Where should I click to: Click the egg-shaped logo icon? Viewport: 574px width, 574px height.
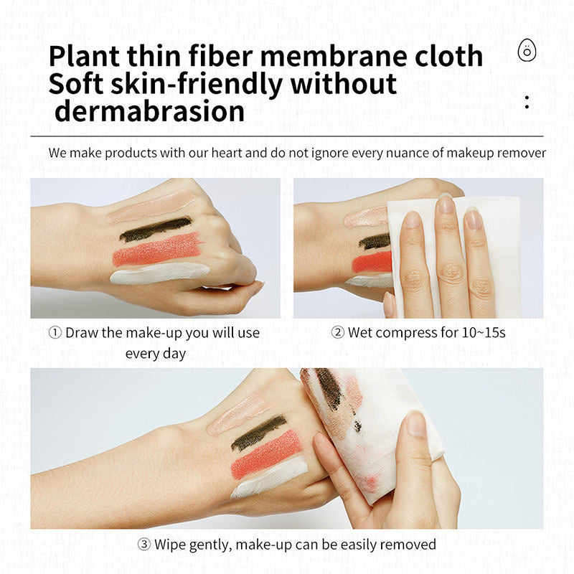(527, 51)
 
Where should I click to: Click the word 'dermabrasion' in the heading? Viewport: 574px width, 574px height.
(150, 111)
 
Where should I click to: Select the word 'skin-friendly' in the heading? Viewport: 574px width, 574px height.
(196, 85)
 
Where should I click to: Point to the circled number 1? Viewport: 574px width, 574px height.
(55, 333)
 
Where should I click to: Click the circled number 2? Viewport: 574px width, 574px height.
(337, 333)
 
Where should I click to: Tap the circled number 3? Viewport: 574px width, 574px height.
(144, 545)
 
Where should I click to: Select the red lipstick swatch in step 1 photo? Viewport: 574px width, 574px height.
(157, 249)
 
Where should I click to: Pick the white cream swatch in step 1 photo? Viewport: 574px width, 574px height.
(159, 273)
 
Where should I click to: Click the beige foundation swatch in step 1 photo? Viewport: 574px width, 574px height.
(151, 206)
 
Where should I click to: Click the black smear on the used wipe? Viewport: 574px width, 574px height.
(332, 391)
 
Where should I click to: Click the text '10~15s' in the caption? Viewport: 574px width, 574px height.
(484, 333)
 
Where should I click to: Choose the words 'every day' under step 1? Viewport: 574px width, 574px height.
(156, 354)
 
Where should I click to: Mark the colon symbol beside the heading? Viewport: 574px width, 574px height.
(527, 102)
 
